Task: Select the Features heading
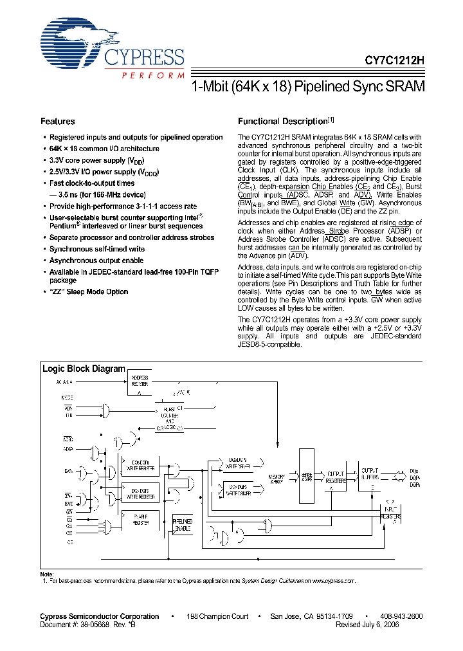(x=58, y=122)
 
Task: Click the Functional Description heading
(x=283, y=122)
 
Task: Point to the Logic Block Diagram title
(x=84, y=369)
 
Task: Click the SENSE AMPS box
(x=307, y=477)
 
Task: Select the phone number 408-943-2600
(x=401, y=616)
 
